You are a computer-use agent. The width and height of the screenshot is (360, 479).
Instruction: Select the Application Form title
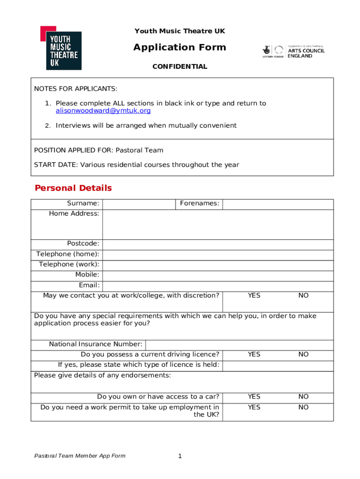[180, 47]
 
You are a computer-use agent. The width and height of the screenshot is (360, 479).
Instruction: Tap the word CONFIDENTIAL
[180, 67]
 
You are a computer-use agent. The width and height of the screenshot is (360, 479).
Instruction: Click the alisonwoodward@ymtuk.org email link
[103, 111]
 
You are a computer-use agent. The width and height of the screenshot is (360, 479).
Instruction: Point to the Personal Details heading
[73, 188]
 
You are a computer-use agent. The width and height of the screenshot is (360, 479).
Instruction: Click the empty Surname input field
[139, 204]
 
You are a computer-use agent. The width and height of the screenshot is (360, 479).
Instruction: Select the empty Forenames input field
[278, 204]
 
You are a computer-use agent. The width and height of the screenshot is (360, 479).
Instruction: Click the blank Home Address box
[218, 225]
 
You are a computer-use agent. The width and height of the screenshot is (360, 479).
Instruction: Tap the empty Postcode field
[218, 244]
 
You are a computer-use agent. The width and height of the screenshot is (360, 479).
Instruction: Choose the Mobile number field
[218, 275]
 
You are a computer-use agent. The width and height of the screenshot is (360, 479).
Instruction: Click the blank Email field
[218, 285]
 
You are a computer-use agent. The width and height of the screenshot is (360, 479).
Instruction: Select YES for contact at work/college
[254, 296]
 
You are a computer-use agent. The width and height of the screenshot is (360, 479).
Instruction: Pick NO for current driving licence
[303, 355]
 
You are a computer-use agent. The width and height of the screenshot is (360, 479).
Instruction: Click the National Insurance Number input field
[239, 345]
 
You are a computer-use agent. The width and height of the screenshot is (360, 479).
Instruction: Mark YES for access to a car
[254, 397]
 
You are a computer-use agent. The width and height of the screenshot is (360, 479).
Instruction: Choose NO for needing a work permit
[303, 407]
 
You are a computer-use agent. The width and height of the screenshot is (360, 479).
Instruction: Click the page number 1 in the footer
[180, 456]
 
